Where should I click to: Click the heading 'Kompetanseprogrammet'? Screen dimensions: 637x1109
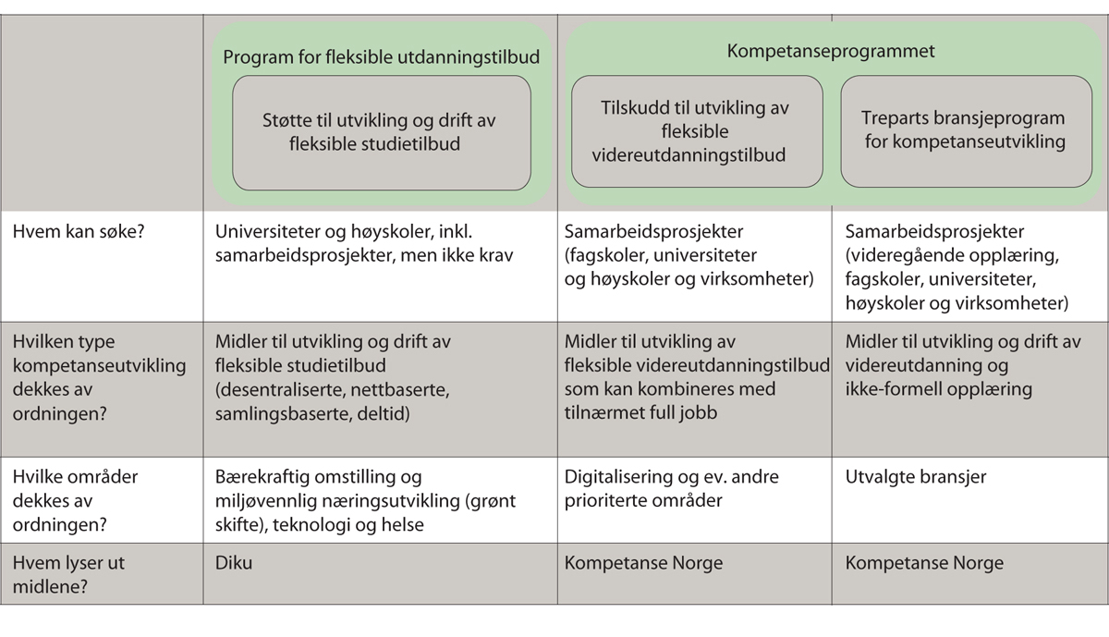coord(831,51)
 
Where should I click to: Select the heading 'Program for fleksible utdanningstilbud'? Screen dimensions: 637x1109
coord(381,57)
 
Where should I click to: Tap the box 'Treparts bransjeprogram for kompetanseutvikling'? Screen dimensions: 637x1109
coord(962,130)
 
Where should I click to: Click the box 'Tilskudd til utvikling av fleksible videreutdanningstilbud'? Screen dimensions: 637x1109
coord(696,130)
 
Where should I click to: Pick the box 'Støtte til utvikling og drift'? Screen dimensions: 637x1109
coord(381,132)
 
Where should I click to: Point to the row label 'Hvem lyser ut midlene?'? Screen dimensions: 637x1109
coord(69,573)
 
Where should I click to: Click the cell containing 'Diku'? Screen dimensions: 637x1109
coord(232,563)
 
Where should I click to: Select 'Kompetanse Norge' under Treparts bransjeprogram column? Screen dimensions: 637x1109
coord(924,563)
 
